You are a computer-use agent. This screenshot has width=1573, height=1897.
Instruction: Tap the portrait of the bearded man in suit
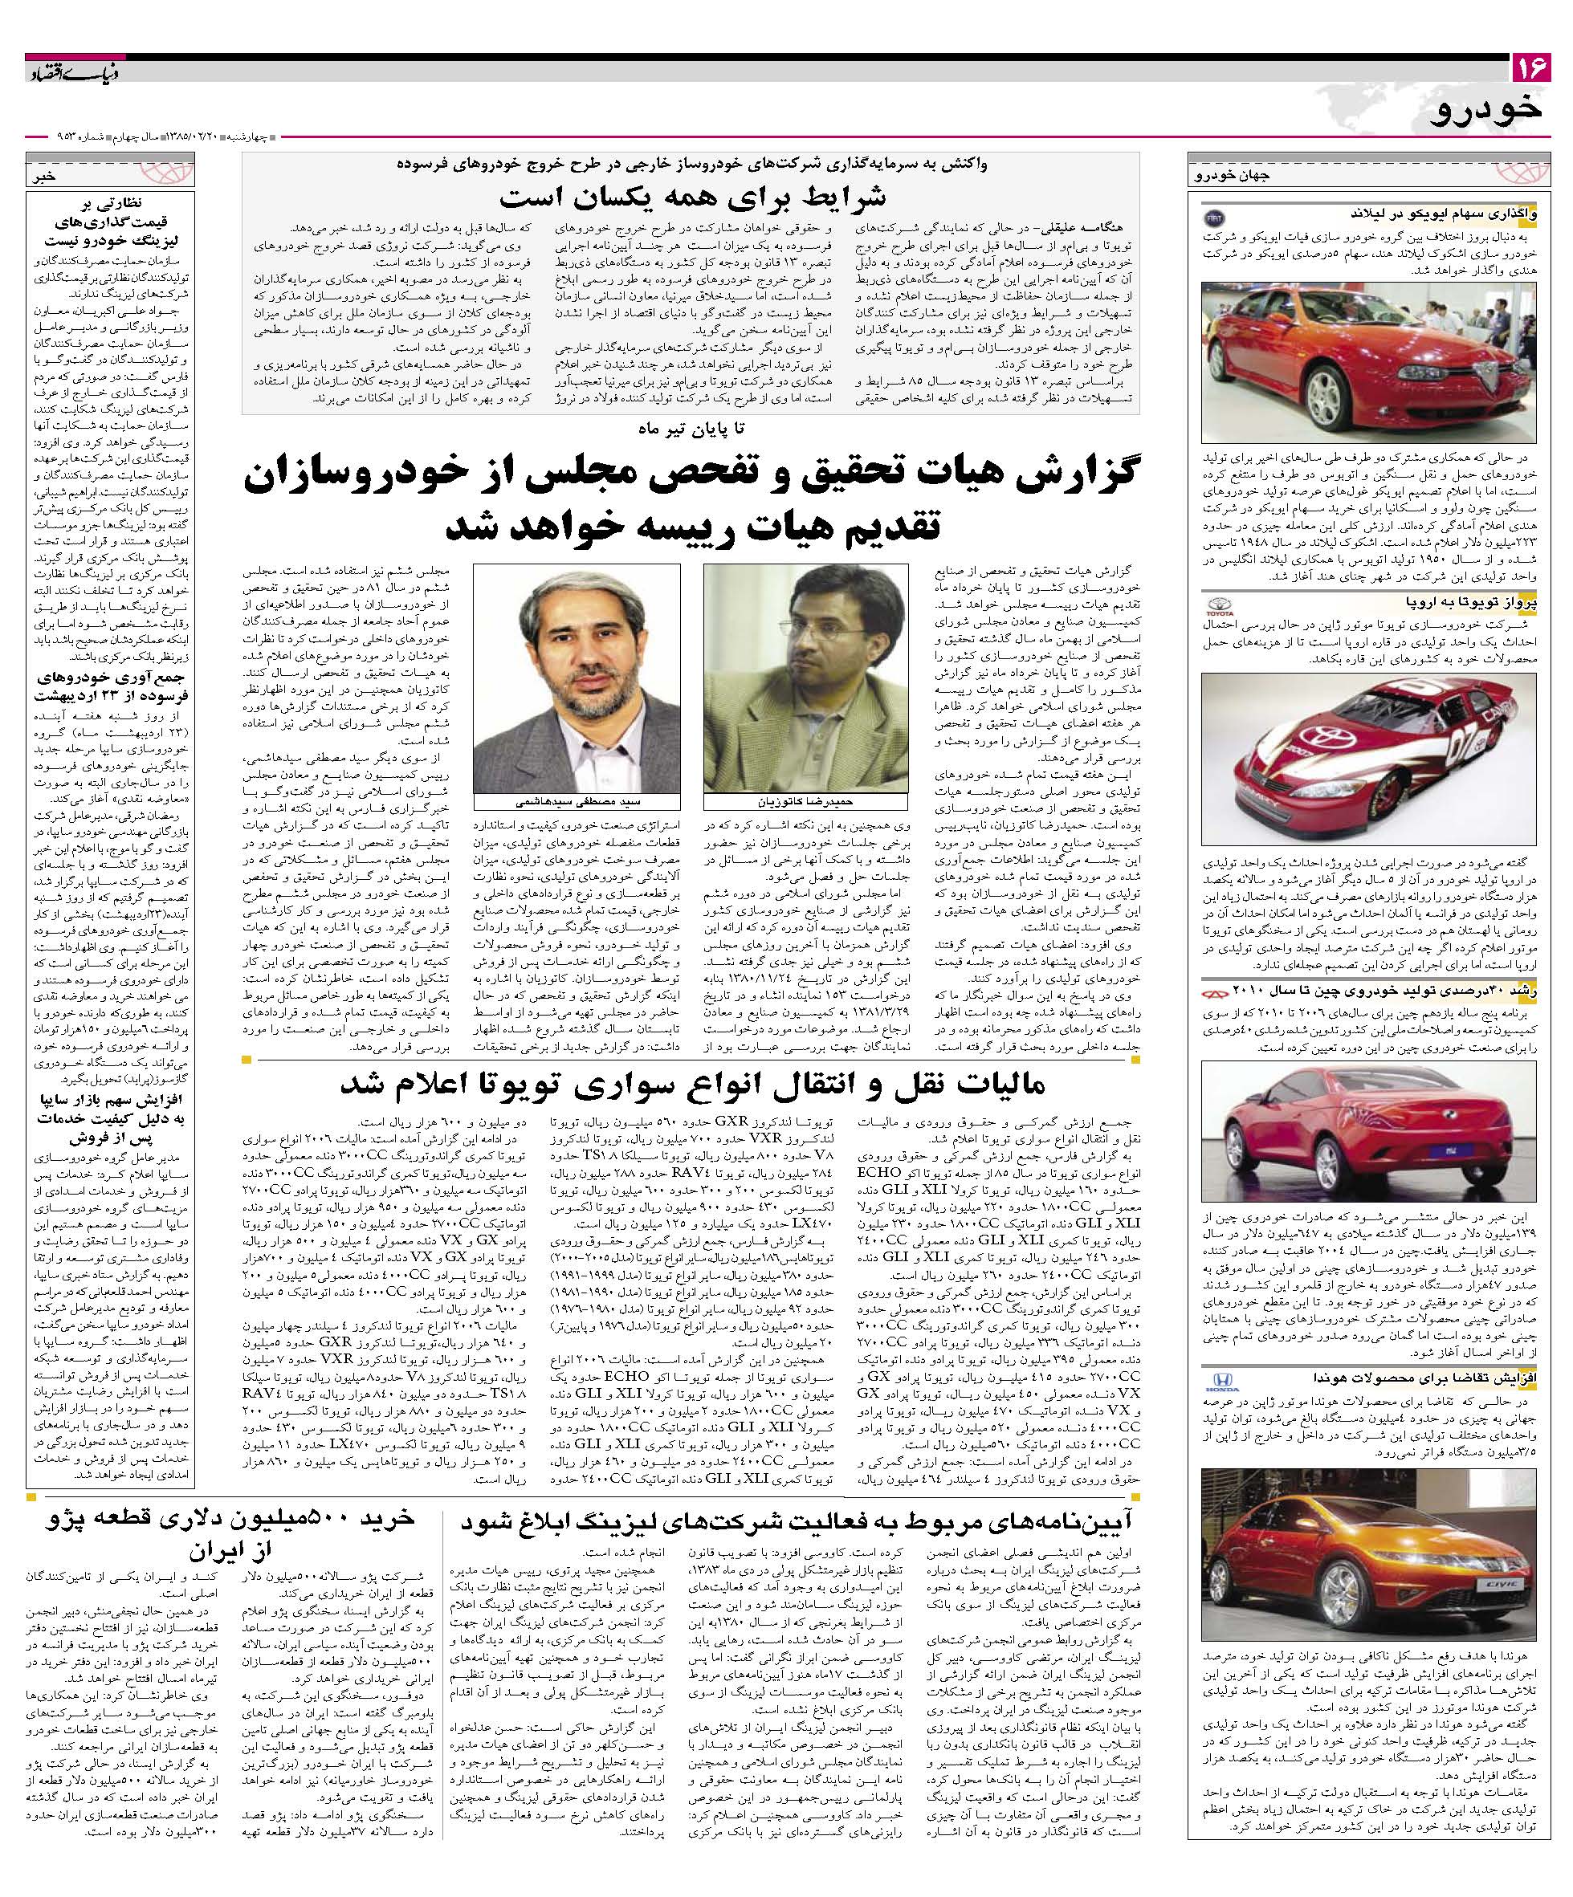(x=577, y=678)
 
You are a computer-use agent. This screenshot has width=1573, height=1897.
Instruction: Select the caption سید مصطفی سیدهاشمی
(x=576, y=801)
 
